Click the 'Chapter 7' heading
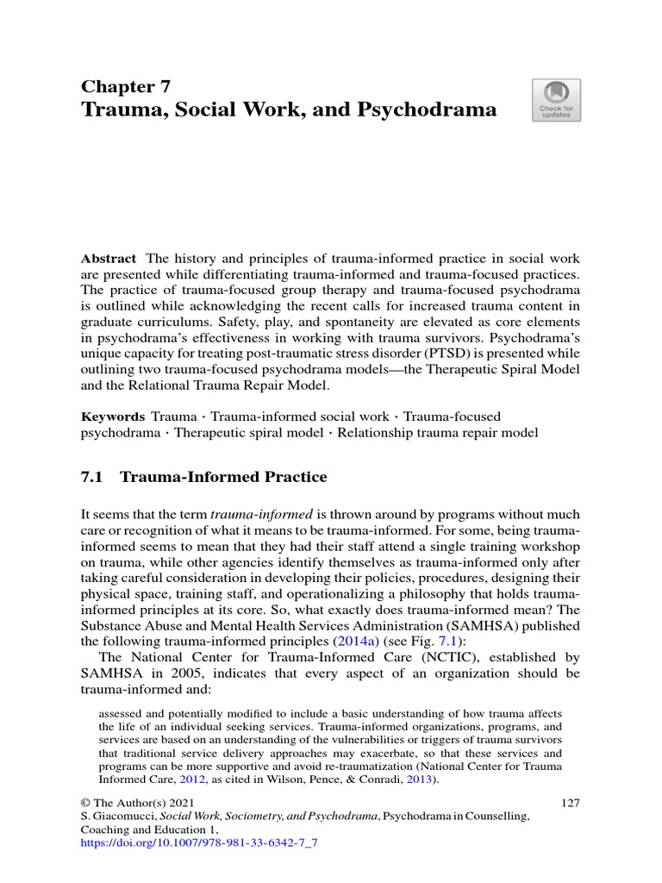point(126,85)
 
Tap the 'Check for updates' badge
point(557,100)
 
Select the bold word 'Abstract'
point(109,259)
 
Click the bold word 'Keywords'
point(112,416)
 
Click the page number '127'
point(570,802)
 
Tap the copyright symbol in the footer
point(85,802)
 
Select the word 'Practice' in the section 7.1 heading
point(290,476)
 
